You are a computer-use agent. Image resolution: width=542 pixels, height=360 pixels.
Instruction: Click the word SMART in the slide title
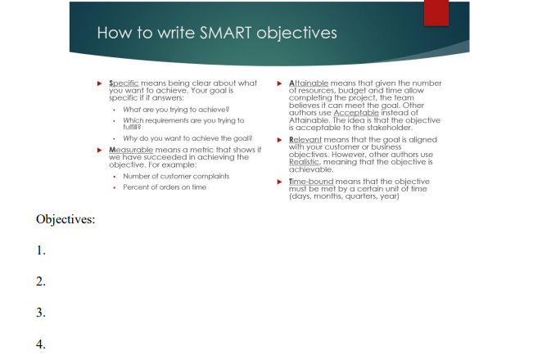point(226,34)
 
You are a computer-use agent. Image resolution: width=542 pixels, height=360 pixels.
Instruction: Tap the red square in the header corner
point(436,13)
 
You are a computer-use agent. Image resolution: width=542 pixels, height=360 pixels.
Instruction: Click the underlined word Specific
point(124,83)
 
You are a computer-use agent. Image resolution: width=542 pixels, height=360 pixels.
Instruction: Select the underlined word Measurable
point(131,150)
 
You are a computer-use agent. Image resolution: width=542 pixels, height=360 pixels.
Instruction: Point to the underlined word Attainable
point(309,83)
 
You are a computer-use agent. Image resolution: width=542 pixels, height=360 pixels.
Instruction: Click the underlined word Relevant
point(305,140)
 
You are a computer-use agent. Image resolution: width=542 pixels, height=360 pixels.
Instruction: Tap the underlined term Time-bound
point(311,182)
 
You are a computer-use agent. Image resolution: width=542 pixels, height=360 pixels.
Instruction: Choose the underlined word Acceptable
point(356,113)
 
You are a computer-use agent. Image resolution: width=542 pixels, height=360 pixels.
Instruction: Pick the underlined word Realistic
point(305,162)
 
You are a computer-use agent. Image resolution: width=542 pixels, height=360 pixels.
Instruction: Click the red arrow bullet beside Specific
point(100,83)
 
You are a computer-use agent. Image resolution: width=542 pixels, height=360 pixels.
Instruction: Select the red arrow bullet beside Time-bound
point(280,182)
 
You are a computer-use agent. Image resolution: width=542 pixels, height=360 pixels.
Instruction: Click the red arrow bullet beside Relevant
point(280,140)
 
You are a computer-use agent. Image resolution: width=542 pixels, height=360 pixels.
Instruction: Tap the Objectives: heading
point(65,219)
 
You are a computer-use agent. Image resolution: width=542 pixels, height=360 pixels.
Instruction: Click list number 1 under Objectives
point(41,250)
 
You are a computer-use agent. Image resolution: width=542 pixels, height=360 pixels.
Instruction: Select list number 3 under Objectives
point(41,313)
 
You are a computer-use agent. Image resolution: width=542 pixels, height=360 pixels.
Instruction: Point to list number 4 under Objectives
point(41,344)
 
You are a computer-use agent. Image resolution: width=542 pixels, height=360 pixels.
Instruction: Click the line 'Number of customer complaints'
point(176,176)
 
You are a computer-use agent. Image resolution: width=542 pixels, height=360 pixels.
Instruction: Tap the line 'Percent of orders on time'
point(165,187)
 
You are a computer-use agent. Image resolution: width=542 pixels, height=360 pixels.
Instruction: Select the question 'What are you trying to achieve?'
point(176,110)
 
